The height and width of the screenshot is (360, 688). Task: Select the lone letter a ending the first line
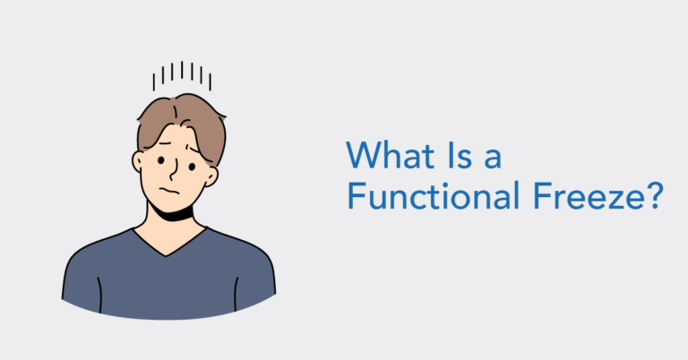[x=492, y=159]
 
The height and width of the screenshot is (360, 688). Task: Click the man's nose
[x=174, y=170]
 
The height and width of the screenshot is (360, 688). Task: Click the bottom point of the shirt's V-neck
[x=169, y=255]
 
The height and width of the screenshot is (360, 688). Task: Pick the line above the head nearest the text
[x=209, y=81]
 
